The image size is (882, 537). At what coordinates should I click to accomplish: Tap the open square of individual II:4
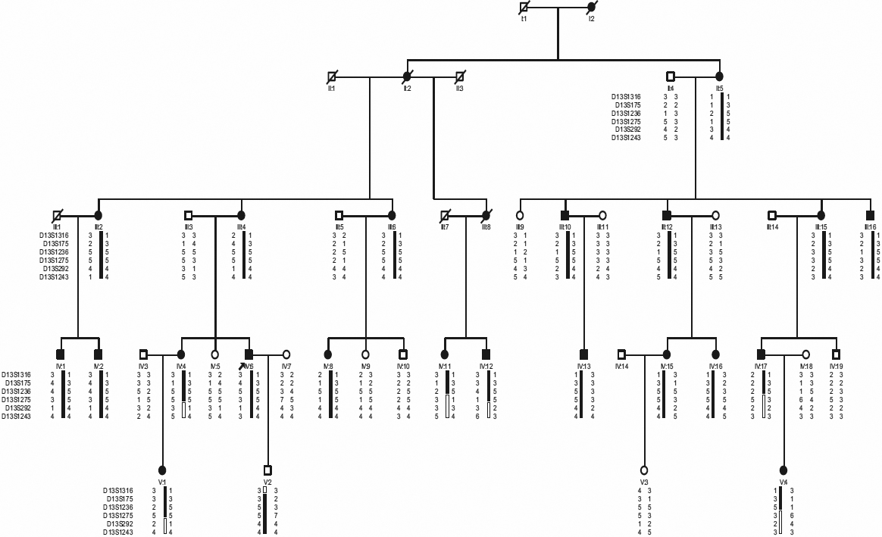pyautogui.click(x=670, y=76)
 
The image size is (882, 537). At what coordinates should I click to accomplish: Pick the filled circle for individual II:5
pyautogui.click(x=720, y=76)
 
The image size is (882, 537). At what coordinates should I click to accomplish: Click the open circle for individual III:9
pyautogui.click(x=520, y=214)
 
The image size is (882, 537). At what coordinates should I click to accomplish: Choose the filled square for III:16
pyautogui.click(x=871, y=214)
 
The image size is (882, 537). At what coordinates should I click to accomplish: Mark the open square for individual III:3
pyautogui.click(x=189, y=214)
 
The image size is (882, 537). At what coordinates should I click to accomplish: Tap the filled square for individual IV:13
pyautogui.click(x=583, y=354)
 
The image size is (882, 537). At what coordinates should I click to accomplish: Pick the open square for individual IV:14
pyautogui.click(x=621, y=354)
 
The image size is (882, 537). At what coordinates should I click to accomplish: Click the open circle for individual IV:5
pyautogui.click(x=215, y=354)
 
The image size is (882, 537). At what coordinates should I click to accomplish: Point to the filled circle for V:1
pyautogui.click(x=161, y=470)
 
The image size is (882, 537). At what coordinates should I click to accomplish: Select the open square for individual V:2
pyautogui.click(x=267, y=470)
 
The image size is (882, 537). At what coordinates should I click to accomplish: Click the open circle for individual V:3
pyautogui.click(x=644, y=470)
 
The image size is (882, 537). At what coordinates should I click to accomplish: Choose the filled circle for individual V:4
pyautogui.click(x=783, y=470)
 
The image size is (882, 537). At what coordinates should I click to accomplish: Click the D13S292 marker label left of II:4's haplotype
pyautogui.click(x=627, y=130)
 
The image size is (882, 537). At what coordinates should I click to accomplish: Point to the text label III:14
pyautogui.click(x=771, y=226)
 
